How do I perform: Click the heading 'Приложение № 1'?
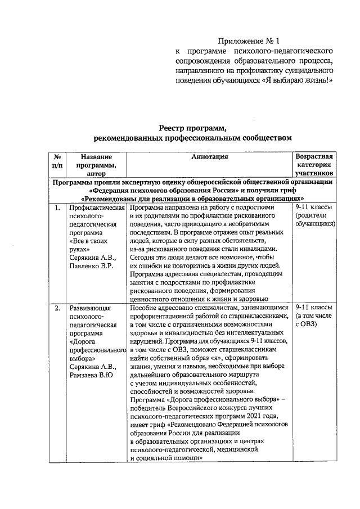pyautogui.click(x=248, y=41)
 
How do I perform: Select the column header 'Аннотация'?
pyautogui.click(x=209, y=157)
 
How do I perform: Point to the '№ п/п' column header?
pyautogui.click(x=57, y=161)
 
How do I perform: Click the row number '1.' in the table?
pyautogui.click(x=57, y=208)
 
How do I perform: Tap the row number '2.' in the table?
pyautogui.click(x=57, y=309)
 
